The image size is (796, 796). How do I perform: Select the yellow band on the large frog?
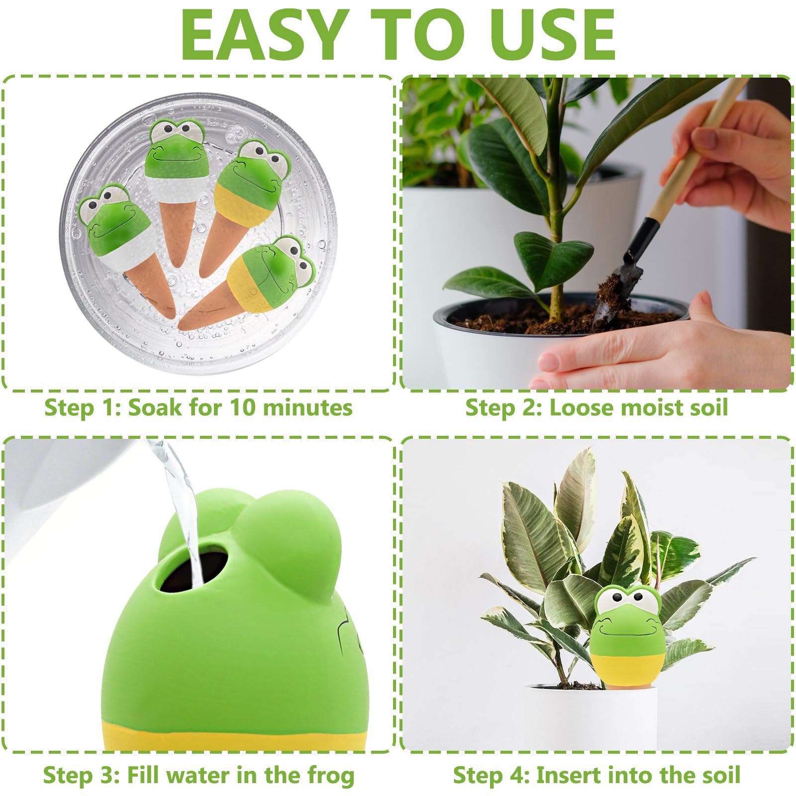click(x=234, y=733)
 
